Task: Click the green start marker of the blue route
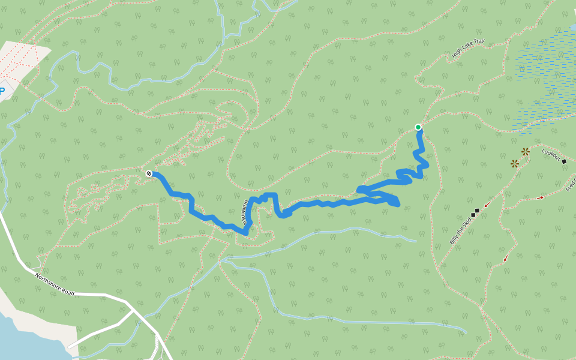coord(418,127)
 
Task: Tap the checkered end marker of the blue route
coord(149,173)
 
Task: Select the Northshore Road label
coord(55,284)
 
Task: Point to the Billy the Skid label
coord(460,231)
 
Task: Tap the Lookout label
coord(551,155)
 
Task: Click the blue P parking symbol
coord(2,91)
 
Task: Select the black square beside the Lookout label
coord(564,161)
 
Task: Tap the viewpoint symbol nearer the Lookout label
coord(526,152)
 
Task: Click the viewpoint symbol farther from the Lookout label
coord(515,163)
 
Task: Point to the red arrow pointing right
coord(540,197)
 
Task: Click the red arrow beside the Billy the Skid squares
coord(486,205)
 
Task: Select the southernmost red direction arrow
coord(506,259)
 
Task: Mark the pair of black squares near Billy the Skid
coord(475,212)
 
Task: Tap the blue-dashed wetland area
coord(543,78)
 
